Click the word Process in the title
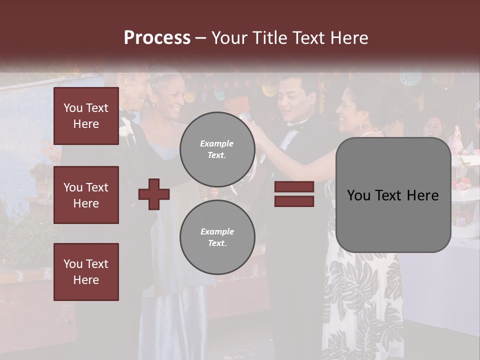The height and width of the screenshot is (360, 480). (157, 38)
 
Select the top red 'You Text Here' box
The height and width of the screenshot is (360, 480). (86, 116)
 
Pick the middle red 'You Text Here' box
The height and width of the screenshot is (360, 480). (86, 195)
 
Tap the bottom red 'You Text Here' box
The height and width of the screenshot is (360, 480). (86, 271)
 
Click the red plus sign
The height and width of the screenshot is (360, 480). (154, 194)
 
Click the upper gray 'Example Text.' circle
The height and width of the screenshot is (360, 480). (217, 149)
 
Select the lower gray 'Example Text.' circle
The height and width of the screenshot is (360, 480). (217, 237)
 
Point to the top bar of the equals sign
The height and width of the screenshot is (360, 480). (294, 186)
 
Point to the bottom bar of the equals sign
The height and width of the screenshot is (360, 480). (294, 201)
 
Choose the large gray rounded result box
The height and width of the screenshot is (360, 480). (393, 195)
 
